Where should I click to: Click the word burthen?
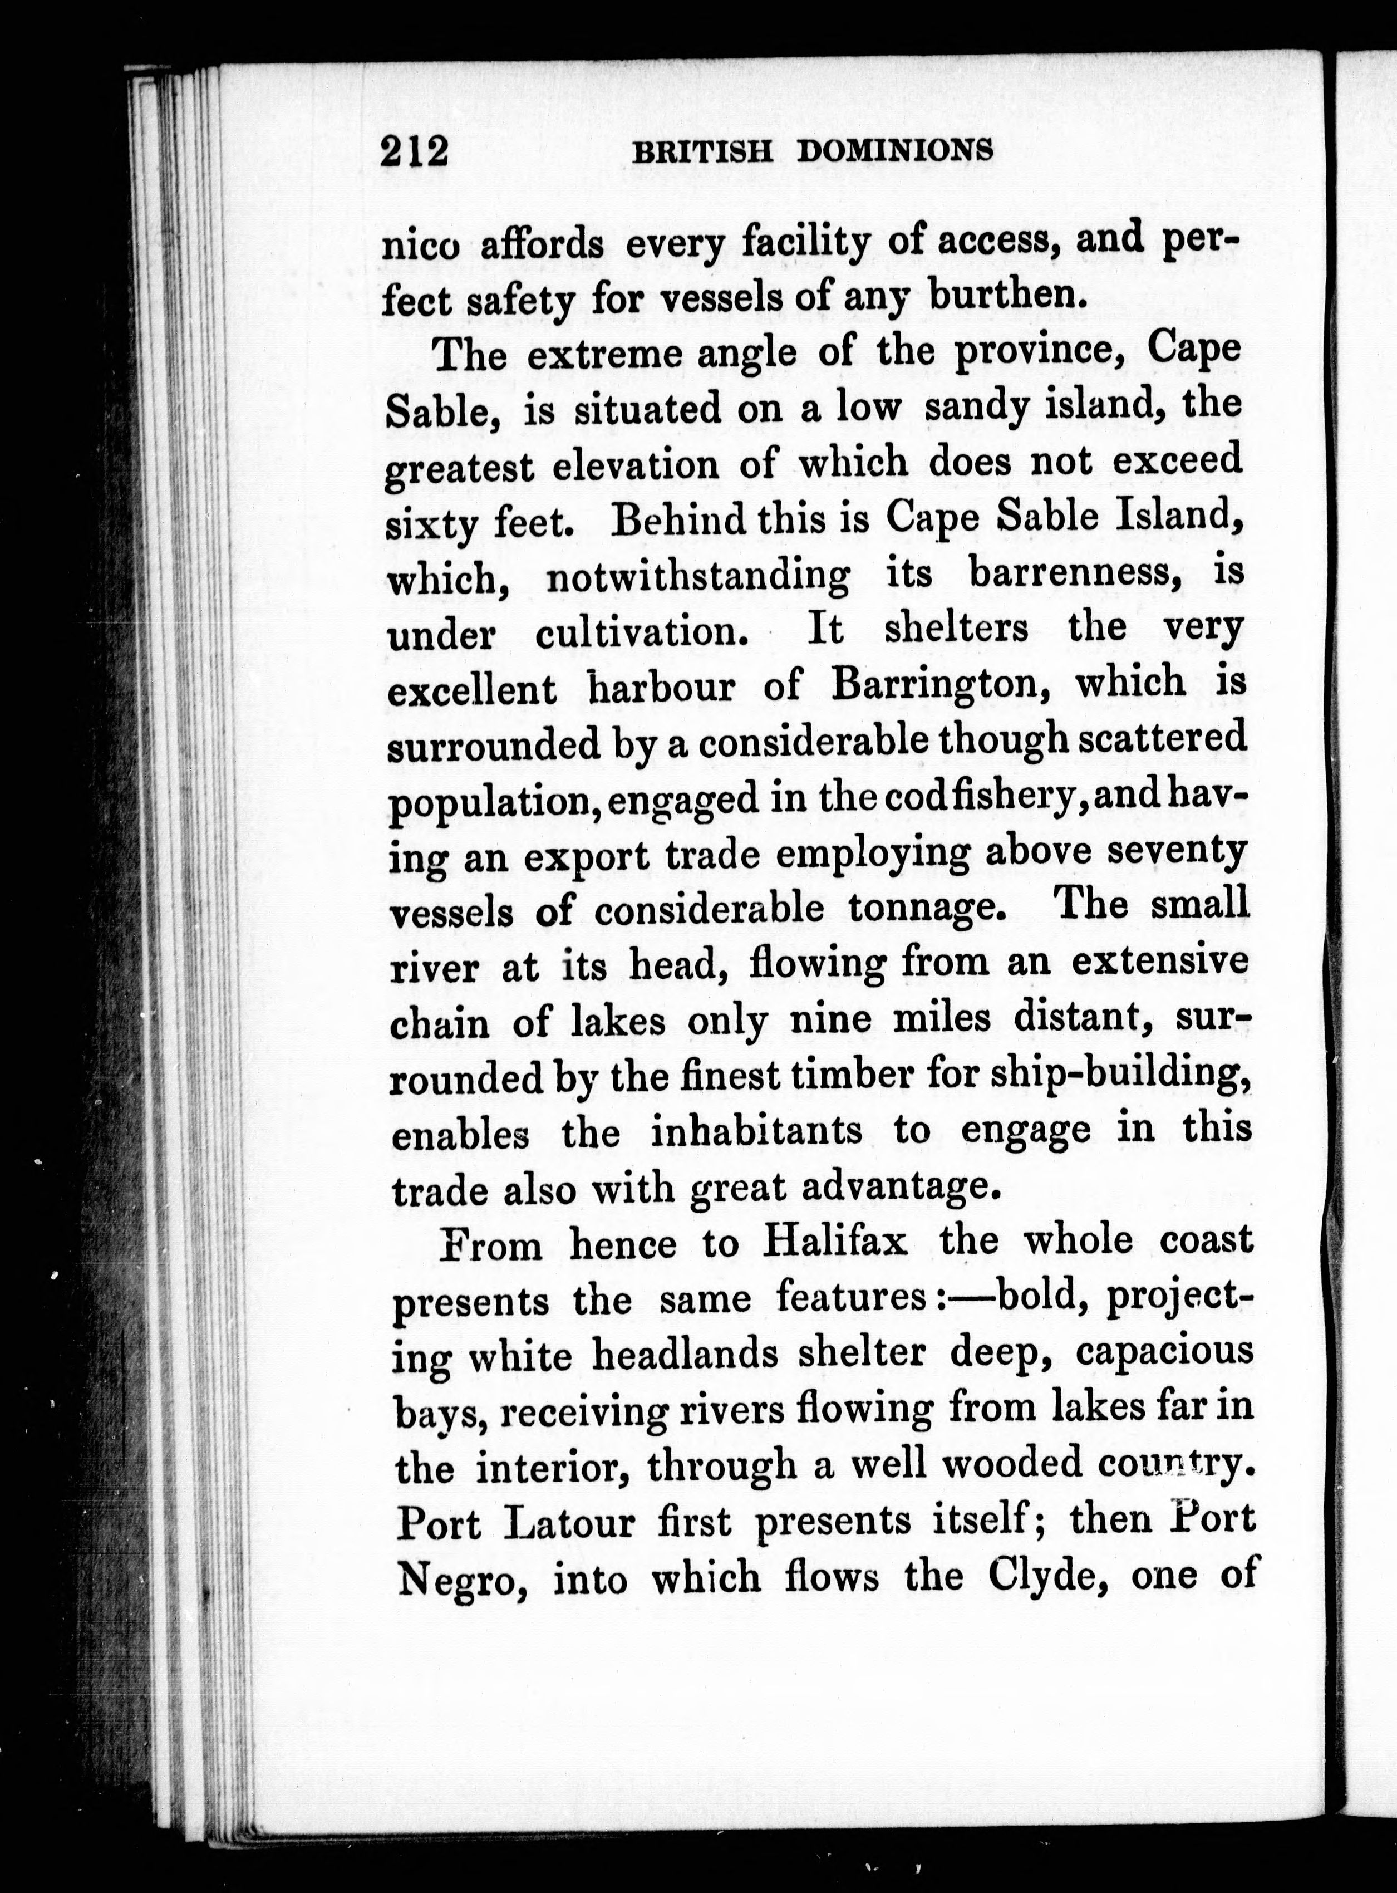[1006, 295]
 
